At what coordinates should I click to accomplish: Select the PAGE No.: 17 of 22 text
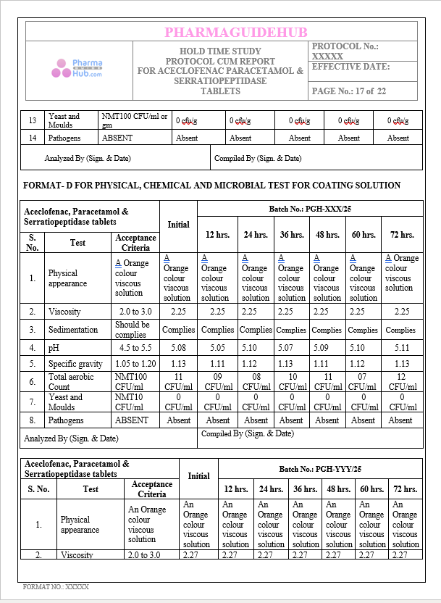[348, 91]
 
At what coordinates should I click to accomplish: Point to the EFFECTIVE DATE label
[350, 67]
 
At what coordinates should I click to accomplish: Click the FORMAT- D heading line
[211, 186]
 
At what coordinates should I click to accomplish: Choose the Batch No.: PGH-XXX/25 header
[309, 209]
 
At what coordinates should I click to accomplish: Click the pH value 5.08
[178, 347]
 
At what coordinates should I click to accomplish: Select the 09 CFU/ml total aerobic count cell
[217, 382]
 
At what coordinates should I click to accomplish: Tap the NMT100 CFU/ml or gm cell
[135, 120]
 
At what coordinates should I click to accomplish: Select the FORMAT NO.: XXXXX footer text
[56, 587]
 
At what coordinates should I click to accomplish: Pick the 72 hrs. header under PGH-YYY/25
[406, 489]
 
